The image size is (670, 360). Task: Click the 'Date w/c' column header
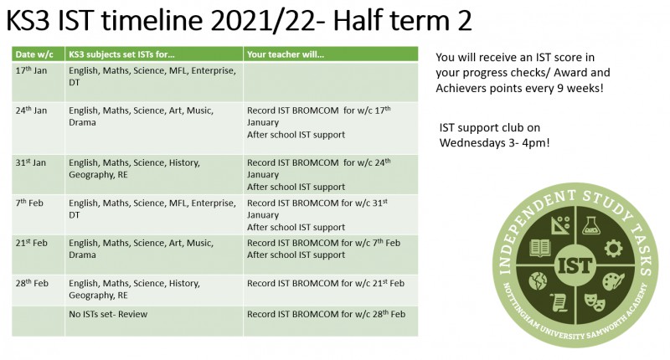tap(34, 54)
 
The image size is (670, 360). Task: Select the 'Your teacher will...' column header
tap(286, 54)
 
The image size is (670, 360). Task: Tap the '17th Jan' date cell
tap(31, 70)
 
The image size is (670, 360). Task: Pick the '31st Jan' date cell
tap(31, 162)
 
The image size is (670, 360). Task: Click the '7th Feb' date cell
tap(29, 203)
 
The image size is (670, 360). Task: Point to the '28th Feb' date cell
tap(32, 283)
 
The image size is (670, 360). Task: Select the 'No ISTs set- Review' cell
tap(108, 314)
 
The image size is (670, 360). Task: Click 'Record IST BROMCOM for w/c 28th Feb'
tap(326, 314)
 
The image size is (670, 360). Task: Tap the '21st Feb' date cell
tap(31, 243)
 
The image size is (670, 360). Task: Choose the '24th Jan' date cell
tap(31, 111)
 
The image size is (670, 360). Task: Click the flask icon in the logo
tap(591, 225)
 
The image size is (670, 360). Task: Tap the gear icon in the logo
tap(613, 248)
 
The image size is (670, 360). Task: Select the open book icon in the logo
tap(540, 248)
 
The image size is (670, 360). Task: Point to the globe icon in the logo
tap(538, 281)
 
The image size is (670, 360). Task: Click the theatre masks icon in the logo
tap(594, 301)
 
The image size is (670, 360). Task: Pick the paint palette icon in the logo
tap(613, 282)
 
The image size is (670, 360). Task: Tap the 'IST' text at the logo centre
tap(575, 266)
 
